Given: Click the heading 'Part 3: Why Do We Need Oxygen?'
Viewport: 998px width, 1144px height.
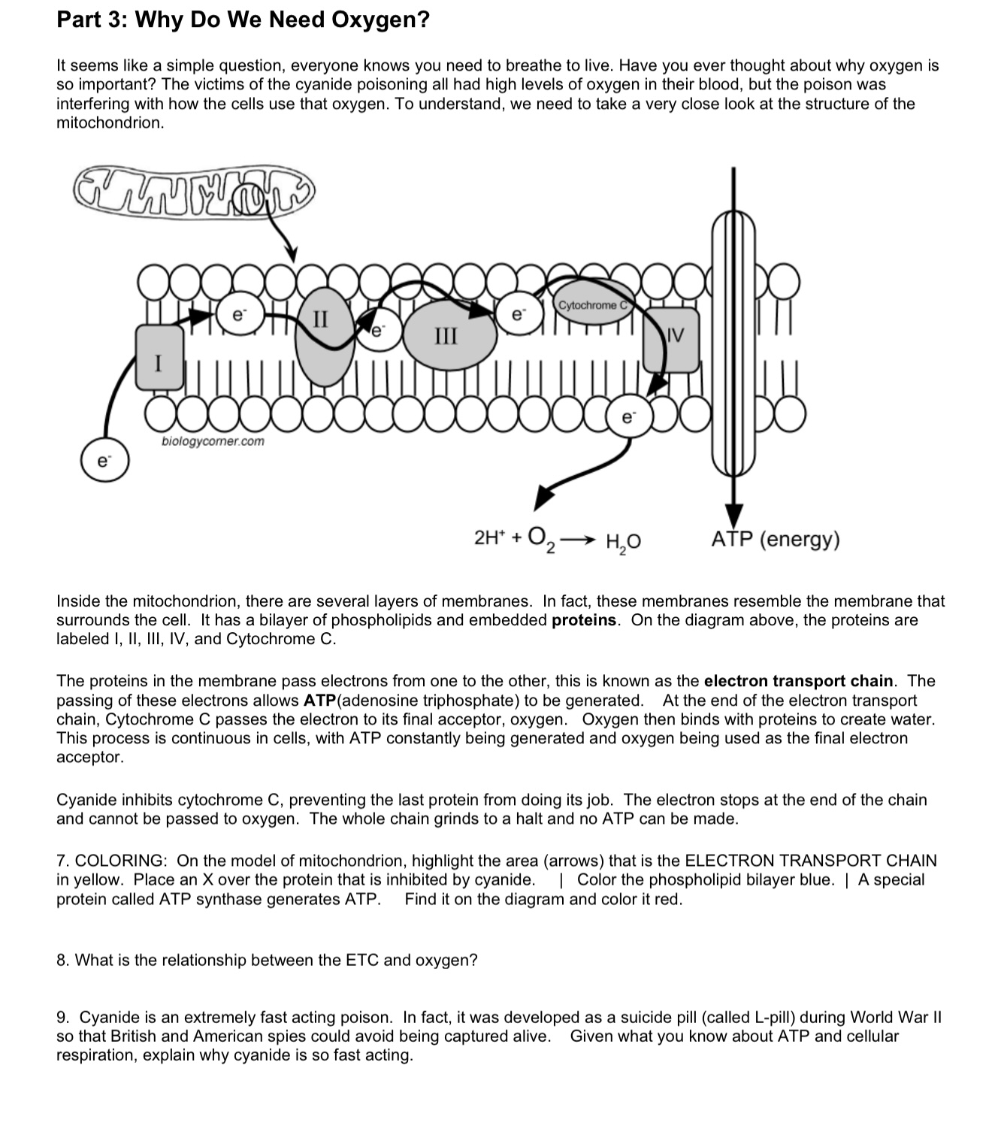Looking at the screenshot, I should click(243, 20).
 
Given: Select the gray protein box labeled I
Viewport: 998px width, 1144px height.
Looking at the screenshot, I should click(159, 357).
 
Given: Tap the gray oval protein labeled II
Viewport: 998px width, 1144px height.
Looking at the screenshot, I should click(322, 336).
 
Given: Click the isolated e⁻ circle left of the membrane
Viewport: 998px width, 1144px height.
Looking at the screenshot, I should click(104, 461).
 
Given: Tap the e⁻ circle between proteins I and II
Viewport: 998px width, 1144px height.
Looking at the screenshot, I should click(237, 317).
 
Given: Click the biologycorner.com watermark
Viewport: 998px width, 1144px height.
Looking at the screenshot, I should click(213, 441).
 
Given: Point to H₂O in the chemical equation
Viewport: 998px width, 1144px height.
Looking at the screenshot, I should click(623, 540).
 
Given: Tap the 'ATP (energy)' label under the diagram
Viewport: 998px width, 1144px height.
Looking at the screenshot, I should click(776, 539).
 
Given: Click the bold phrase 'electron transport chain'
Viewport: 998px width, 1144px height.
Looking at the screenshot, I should click(799, 681).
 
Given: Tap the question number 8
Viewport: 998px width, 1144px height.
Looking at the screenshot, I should click(62, 960).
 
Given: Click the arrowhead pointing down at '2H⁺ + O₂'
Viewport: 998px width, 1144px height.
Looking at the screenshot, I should click(544, 497).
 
